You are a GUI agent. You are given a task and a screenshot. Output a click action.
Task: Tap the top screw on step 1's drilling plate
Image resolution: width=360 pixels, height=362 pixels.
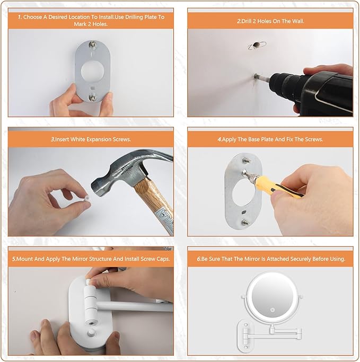click(93, 44)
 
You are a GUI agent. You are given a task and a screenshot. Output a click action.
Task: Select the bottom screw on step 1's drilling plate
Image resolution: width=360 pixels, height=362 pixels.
click(93, 96)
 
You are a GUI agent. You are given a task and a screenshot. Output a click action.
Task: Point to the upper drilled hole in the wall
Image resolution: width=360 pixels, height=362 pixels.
click(256, 45)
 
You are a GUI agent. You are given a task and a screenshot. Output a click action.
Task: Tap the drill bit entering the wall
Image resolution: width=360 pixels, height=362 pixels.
click(261, 78)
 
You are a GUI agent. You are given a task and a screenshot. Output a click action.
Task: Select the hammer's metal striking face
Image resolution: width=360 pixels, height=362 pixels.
click(95, 186)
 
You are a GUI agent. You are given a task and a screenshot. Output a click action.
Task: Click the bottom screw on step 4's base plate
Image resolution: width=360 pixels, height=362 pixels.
click(244, 223)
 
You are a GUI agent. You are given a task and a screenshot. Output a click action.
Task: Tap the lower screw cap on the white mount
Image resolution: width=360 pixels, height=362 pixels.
click(91, 333)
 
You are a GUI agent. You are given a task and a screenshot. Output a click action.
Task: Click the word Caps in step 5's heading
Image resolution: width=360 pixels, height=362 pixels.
click(163, 259)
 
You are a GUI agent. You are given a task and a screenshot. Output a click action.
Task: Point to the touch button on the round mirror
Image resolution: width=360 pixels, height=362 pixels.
click(272, 310)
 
